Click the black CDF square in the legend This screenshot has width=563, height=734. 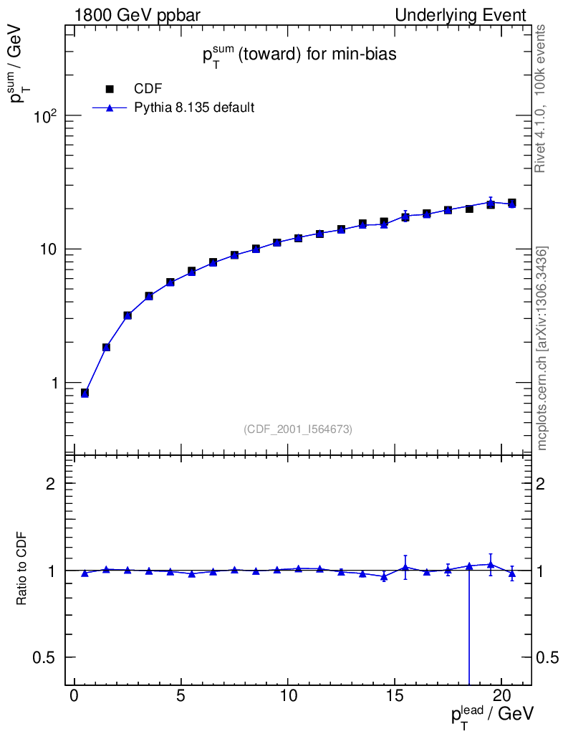tap(110, 89)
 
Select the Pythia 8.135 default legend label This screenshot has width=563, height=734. tap(195, 108)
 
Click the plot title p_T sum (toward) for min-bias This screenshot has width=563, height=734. tap(298, 56)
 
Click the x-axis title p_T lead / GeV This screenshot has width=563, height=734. tap(492, 716)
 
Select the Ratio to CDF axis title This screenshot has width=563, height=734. tap(22, 570)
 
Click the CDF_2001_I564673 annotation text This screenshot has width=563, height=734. tap(298, 429)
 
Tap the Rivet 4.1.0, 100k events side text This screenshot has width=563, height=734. tap(542, 98)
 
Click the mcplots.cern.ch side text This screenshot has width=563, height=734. tap(542, 348)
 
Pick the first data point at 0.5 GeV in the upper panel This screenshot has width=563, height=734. tap(85, 393)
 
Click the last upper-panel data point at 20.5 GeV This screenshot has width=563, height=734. tap(512, 204)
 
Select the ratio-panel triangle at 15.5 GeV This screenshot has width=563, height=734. tap(405, 567)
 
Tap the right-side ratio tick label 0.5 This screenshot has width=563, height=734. tap(548, 657)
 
